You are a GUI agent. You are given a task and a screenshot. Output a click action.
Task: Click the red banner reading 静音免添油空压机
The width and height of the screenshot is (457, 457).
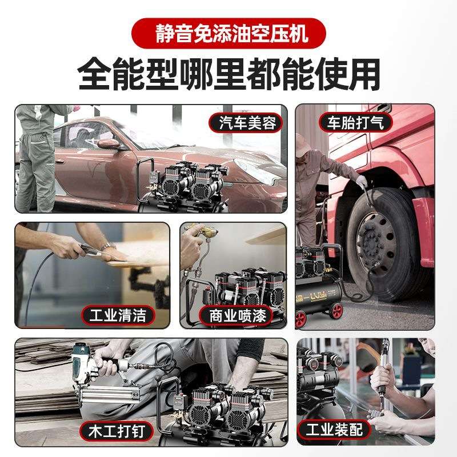228,33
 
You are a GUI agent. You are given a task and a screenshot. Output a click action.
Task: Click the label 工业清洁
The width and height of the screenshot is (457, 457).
118,314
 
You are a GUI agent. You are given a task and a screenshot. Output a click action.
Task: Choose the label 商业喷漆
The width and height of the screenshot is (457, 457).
238,315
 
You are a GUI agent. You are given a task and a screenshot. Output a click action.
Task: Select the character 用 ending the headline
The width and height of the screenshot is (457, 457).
363,74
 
